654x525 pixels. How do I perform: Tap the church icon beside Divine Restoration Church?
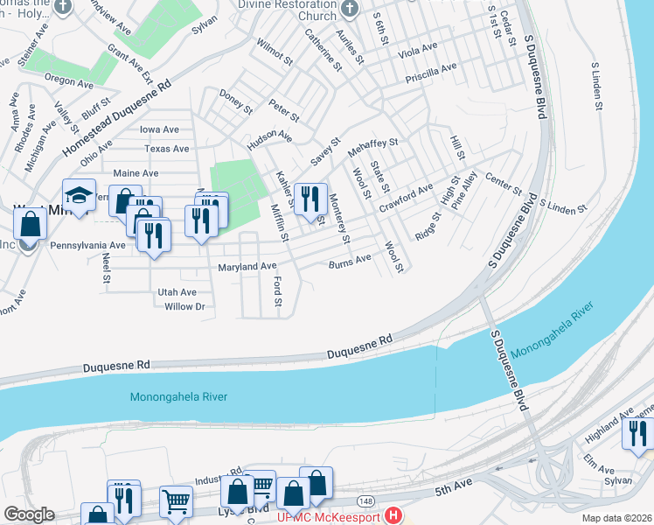click(350, 10)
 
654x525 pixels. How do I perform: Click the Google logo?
click(29, 514)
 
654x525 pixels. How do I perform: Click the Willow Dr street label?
click(184, 306)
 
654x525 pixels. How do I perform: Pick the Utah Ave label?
click(177, 291)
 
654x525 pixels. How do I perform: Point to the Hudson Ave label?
click(269, 136)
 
